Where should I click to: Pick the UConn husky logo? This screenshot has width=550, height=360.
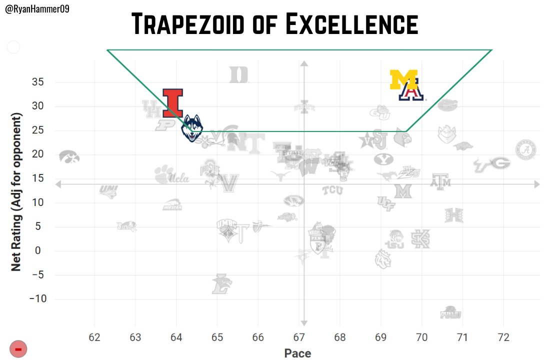click(x=192, y=128)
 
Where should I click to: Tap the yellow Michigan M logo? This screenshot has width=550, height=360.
click(x=403, y=79)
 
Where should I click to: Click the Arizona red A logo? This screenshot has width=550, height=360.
click(x=411, y=92)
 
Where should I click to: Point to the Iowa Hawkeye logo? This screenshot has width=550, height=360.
click(x=69, y=157)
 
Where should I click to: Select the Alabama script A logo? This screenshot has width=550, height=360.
click(x=526, y=149)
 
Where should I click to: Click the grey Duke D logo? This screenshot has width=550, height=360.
click(x=239, y=75)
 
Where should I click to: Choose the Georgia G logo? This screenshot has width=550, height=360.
click(x=499, y=163)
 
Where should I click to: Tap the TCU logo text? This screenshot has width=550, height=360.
click(x=332, y=190)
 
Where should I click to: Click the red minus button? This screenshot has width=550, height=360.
click(x=17, y=349)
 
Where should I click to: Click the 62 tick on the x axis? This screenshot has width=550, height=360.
click(x=94, y=336)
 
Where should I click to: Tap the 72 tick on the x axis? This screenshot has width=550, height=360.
click(x=503, y=336)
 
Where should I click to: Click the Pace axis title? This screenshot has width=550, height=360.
click(x=297, y=353)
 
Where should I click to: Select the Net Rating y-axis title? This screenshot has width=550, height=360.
click(x=16, y=192)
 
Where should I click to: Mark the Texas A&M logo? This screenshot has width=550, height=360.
click(x=440, y=181)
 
